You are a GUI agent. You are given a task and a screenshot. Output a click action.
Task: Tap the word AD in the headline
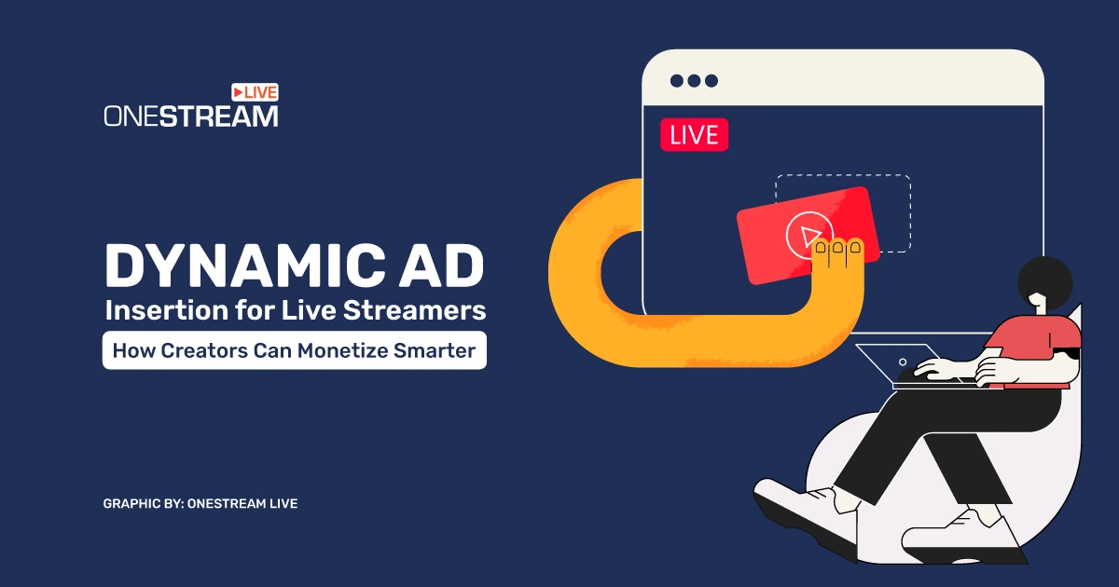pos(441,266)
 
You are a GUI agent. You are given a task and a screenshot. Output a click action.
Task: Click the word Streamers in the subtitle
pos(415,310)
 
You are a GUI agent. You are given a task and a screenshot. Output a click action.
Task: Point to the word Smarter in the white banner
pos(435,350)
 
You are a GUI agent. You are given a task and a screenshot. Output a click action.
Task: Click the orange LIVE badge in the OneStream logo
pos(255,92)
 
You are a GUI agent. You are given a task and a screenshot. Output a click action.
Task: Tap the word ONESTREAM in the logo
pos(191,116)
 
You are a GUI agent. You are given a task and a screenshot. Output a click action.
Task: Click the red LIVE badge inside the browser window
pos(694,135)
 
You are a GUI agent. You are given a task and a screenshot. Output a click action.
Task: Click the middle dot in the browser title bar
pos(694,81)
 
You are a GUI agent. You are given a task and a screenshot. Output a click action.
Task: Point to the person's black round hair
pos(1045,282)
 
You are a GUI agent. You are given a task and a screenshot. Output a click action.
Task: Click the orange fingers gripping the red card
pos(837,253)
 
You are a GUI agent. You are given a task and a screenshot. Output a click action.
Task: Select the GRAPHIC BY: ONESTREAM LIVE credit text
pos(200,504)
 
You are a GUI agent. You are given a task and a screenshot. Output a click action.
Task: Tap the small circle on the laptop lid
pos(903,362)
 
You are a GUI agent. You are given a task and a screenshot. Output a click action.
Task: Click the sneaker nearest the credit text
pos(804,514)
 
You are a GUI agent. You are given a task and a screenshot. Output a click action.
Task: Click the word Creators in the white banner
pos(204,350)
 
